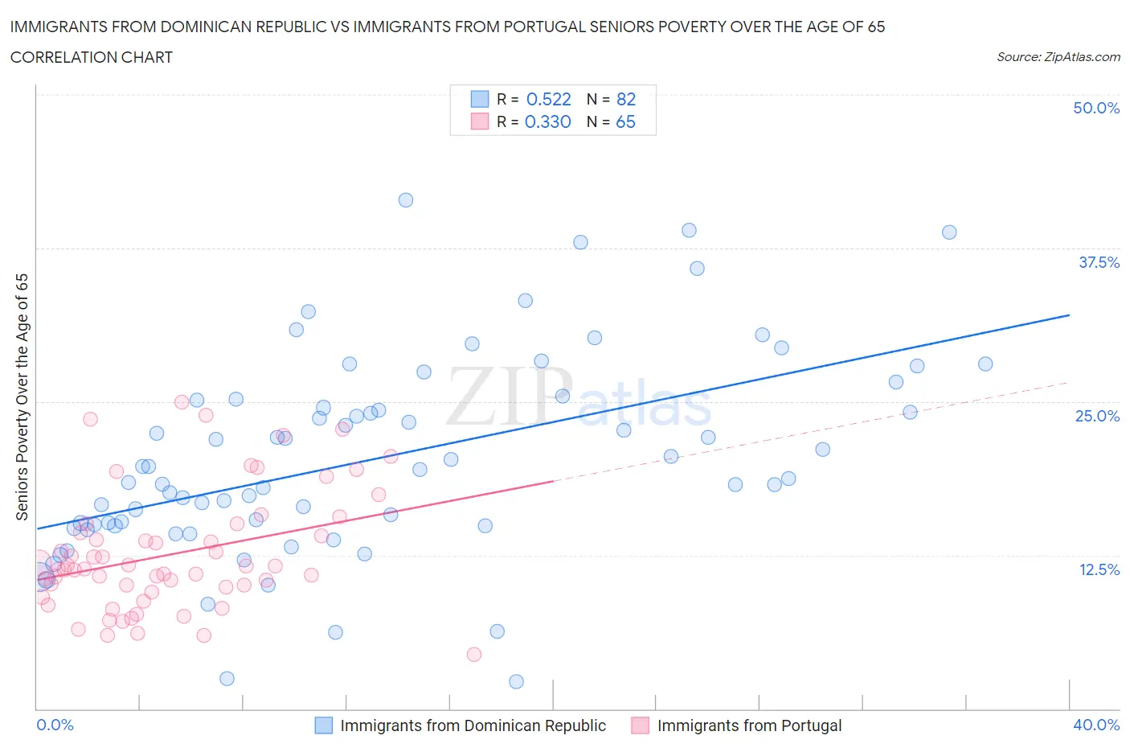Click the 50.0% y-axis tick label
(x=1096, y=108)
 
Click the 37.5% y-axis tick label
(x=1099, y=262)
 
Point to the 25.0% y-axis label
(x=1097, y=416)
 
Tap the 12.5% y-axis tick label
(x=1099, y=569)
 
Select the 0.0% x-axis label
(x=55, y=725)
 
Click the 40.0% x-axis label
(x=1096, y=725)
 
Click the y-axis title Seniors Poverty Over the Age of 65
(x=22, y=397)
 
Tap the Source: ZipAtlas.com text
(x=1058, y=57)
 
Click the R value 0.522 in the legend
(x=548, y=99)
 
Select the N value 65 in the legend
(x=625, y=121)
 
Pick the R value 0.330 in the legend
(x=547, y=121)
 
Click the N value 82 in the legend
(x=625, y=99)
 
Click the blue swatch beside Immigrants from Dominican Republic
(x=323, y=725)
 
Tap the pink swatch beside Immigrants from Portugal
(x=640, y=725)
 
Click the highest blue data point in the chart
(x=406, y=200)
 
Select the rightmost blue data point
(x=985, y=364)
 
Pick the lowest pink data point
(x=474, y=655)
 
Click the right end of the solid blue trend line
(x=1069, y=315)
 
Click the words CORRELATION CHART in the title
(x=92, y=57)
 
